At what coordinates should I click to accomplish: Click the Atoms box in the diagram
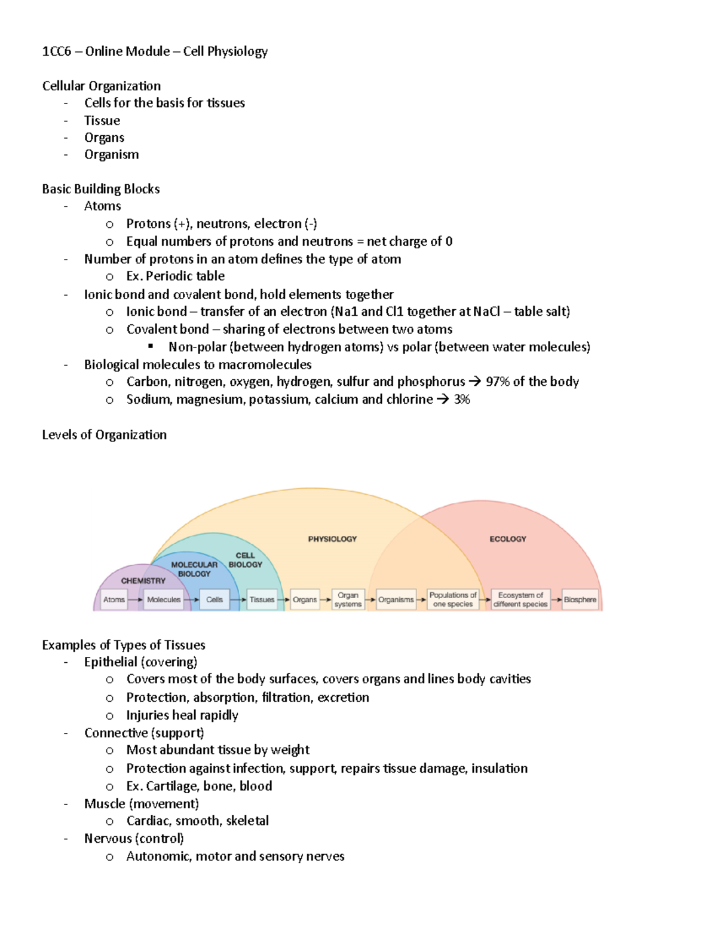point(114,599)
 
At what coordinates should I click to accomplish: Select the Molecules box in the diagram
point(164,599)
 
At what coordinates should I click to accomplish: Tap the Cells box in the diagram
point(215,599)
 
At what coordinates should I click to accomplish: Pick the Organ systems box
point(348,599)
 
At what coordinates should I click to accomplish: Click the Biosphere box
point(580,599)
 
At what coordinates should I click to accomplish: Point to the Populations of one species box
point(453,599)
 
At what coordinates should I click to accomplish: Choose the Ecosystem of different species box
point(520,599)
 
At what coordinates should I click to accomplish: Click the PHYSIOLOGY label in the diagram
point(332,539)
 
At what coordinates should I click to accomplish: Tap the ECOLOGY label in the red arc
point(508,539)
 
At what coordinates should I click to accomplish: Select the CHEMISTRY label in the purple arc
point(143,581)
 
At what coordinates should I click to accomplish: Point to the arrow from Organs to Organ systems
point(325,599)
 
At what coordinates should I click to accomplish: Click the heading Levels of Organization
point(104,435)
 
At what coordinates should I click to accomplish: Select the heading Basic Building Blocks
point(101,189)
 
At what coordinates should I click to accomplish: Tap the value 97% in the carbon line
point(498,382)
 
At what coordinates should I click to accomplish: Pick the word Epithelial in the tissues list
point(111,662)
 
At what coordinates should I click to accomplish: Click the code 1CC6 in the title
point(56,51)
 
